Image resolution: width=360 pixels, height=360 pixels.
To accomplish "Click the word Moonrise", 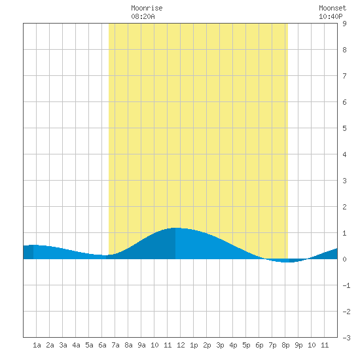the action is (x=147, y=8).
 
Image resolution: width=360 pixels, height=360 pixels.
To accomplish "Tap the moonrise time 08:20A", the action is (x=143, y=16).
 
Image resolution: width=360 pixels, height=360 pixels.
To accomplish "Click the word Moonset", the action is (x=333, y=8).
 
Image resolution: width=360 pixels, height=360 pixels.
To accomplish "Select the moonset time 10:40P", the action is (x=331, y=16).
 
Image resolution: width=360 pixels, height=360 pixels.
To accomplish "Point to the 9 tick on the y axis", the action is (x=344, y=24).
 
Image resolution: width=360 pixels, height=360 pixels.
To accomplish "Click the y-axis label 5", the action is (x=344, y=128).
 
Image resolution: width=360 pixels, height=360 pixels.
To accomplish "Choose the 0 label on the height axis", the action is (x=344, y=259).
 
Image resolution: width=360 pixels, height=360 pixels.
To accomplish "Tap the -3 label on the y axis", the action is (x=346, y=338).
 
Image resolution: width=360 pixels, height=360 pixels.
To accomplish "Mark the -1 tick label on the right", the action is (x=346, y=285).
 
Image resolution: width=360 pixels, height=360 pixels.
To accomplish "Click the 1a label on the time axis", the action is (x=37, y=345).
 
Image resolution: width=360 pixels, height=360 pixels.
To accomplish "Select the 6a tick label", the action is (x=102, y=345).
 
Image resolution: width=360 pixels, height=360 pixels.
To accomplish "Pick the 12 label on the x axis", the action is (x=181, y=345).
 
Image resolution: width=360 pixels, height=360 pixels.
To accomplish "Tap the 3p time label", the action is (x=220, y=345).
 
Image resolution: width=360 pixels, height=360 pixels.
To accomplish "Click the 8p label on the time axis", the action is (x=285, y=345).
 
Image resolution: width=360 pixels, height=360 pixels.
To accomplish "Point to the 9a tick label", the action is (x=141, y=345).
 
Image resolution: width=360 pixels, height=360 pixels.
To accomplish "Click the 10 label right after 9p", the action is (x=312, y=345).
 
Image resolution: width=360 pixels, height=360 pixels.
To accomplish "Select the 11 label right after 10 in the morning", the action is (x=168, y=345).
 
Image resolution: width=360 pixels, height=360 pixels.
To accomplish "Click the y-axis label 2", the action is (x=344, y=207).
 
